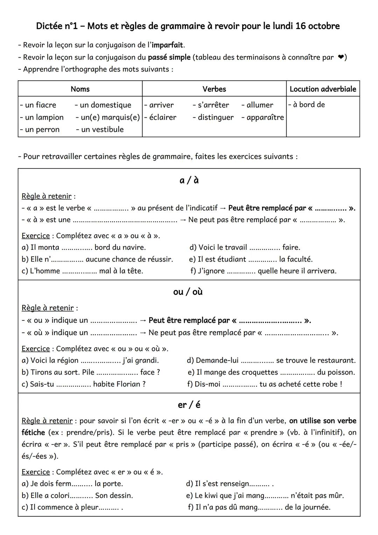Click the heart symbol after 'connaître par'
click(340, 57)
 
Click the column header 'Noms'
click(80, 89)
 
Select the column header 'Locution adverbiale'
click(323, 89)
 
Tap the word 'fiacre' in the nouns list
click(45, 105)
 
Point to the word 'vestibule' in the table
click(107, 130)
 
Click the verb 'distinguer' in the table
click(216, 117)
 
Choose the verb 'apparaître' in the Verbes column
click(265, 117)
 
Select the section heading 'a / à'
click(189, 180)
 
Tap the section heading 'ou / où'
click(188, 292)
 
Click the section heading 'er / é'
click(189, 405)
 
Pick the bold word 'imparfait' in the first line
click(167, 45)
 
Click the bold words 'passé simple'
click(169, 57)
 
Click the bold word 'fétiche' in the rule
click(33, 432)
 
